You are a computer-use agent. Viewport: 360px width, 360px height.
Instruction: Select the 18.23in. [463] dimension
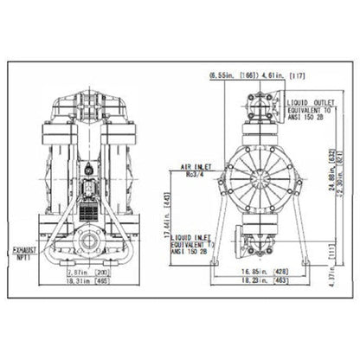point(262,283)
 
